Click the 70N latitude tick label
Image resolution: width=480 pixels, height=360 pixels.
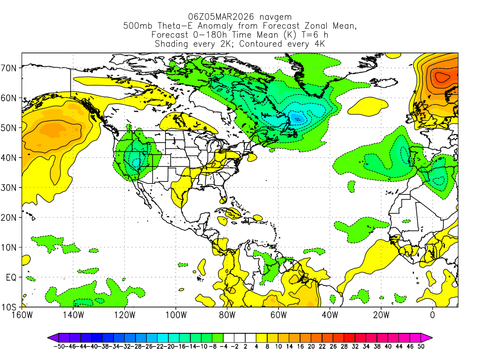coord(10,68)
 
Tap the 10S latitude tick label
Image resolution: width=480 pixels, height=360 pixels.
coord(10,307)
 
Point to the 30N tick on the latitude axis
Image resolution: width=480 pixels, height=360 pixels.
coord(10,187)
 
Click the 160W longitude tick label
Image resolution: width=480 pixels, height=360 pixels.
coord(22,315)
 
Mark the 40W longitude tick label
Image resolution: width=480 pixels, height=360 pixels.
coord(330,315)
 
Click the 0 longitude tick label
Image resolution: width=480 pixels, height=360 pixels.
coord(433,315)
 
